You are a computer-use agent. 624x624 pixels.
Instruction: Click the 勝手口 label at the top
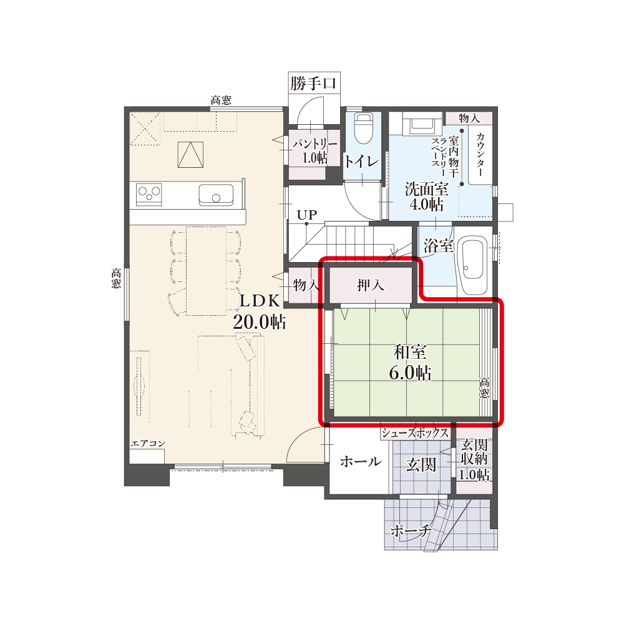click(314, 84)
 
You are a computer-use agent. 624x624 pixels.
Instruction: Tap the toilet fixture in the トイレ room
click(363, 128)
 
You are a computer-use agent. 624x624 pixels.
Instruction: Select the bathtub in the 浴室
click(473, 260)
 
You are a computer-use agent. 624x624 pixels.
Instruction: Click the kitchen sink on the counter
click(216, 195)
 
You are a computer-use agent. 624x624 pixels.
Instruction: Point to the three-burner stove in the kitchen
click(149, 194)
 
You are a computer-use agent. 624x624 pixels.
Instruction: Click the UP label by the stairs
click(307, 215)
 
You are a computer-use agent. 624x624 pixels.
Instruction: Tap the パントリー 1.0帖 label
click(314, 151)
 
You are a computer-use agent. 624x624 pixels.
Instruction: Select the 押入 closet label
click(371, 285)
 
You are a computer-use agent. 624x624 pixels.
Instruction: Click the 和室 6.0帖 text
click(410, 362)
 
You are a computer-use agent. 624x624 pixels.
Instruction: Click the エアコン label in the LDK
click(148, 443)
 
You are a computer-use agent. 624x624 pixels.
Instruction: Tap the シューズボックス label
click(415, 432)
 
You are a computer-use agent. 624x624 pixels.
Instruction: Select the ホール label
click(361, 461)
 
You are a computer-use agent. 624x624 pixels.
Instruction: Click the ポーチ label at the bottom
click(411, 530)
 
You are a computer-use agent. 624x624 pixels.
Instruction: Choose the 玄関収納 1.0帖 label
click(474, 460)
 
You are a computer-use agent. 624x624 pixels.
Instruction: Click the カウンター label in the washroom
click(480, 154)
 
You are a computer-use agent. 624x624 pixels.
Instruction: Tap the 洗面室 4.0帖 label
click(427, 196)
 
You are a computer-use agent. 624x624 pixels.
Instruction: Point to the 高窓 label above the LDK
click(221, 100)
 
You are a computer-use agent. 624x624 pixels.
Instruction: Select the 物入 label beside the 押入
click(306, 285)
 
